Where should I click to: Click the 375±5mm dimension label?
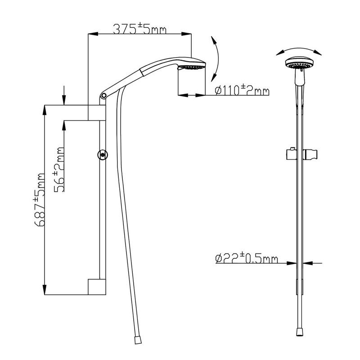[139, 30]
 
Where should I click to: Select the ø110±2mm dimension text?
[241, 91]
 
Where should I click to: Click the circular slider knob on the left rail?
[103, 155]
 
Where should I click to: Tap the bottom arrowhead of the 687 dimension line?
[45, 291]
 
